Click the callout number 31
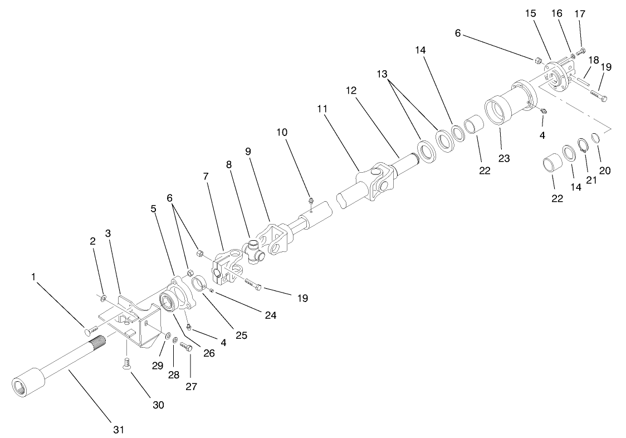pyautogui.click(x=118, y=430)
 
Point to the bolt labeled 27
pyautogui.click(x=187, y=347)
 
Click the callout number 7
pyautogui.click(x=206, y=177)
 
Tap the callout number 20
pyautogui.click(x=605, y=171)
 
